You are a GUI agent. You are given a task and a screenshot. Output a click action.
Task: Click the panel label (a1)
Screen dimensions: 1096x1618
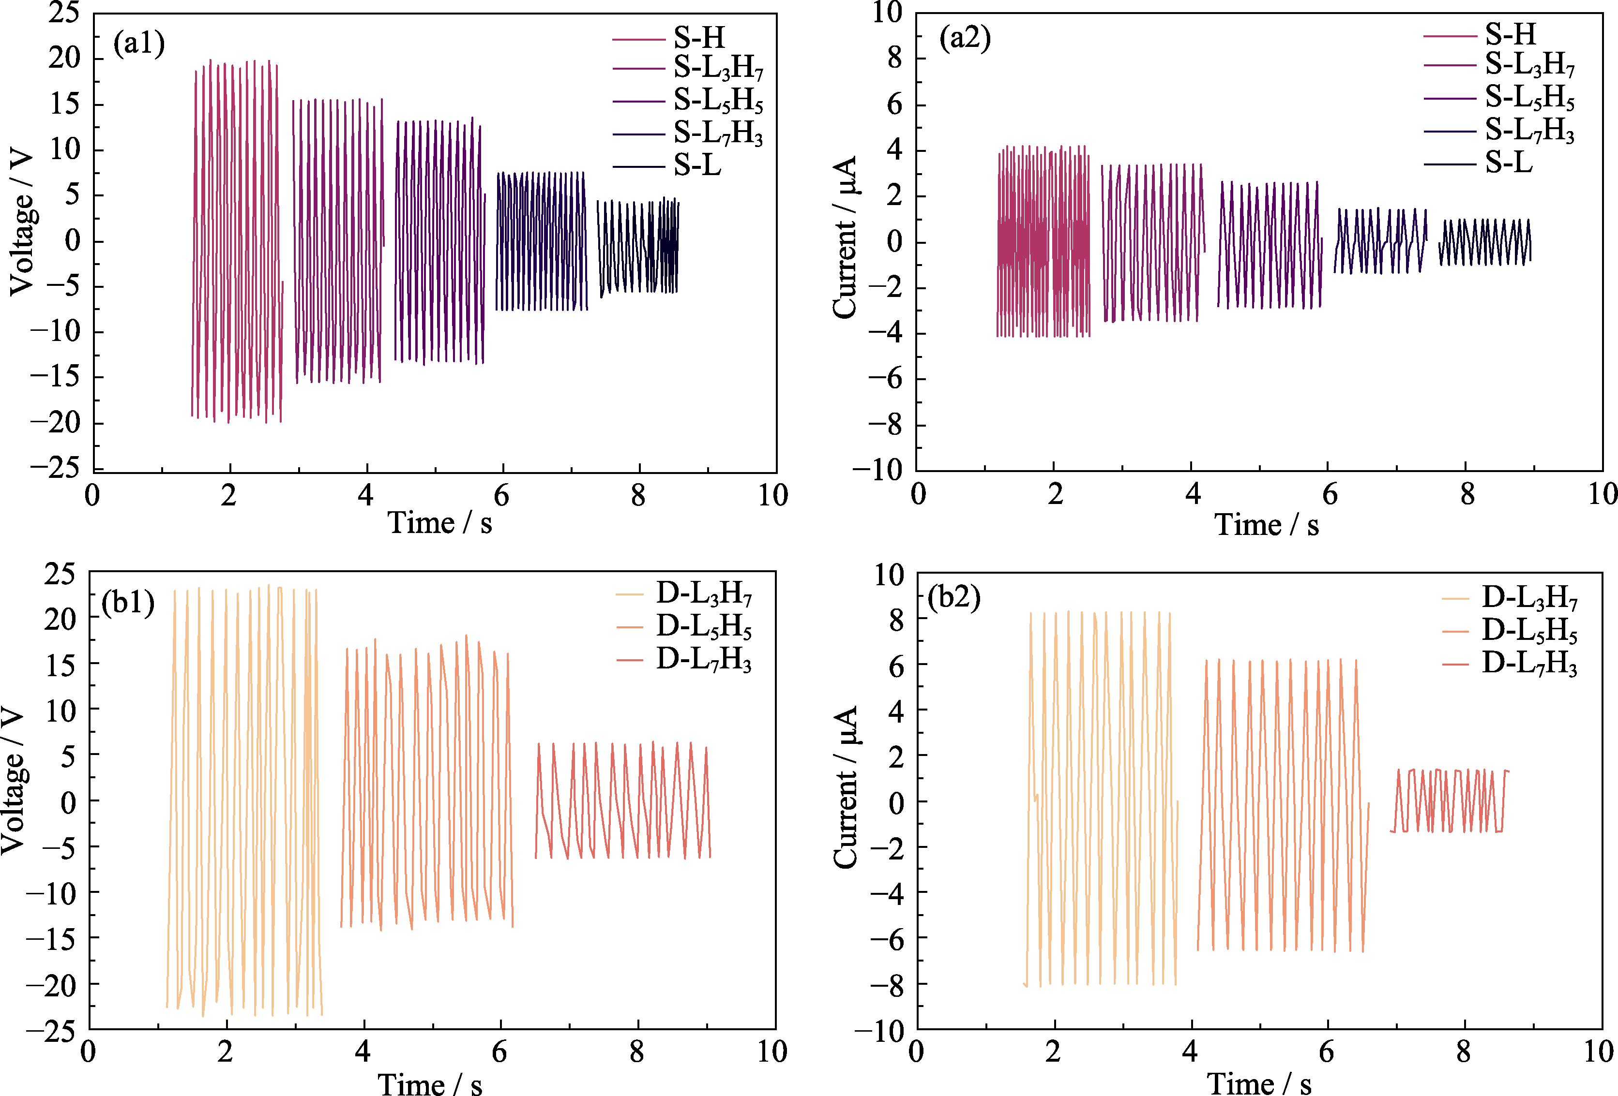coord(138,44)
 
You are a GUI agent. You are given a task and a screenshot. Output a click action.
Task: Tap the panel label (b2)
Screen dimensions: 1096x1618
coord(954,597)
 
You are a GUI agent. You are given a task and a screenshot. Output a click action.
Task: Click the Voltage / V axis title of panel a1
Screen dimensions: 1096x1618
coord(22,222)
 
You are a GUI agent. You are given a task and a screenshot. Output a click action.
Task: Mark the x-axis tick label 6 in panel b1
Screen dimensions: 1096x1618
coord(499,1052)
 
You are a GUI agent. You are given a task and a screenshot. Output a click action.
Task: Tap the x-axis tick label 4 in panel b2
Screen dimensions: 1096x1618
coord(1190,1052)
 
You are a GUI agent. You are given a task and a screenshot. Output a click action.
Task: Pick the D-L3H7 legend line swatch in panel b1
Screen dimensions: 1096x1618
coord(629,594)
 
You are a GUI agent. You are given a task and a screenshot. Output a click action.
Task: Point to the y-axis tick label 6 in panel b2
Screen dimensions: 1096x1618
coord(897,665)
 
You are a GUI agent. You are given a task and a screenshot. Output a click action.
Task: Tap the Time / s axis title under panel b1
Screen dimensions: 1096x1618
coord(430,1083)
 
